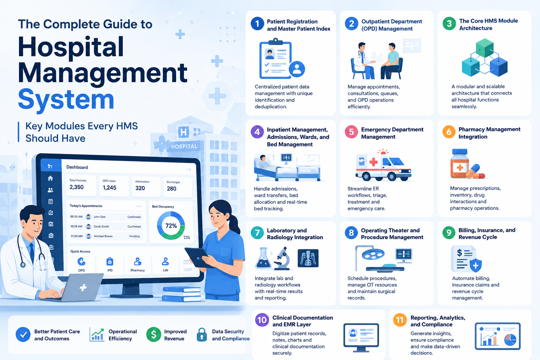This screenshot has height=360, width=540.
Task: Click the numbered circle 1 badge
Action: point(257,24)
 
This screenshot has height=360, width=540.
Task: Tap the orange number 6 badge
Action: point(449,132)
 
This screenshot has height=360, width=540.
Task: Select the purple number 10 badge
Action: point(262,320)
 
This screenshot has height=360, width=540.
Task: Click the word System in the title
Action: point(66,99)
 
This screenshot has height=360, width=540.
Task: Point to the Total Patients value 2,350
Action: point(76,187)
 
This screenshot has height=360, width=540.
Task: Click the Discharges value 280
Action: point(172,188)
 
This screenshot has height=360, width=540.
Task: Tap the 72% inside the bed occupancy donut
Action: point(171,226)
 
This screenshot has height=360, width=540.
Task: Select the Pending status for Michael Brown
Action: point(134,236)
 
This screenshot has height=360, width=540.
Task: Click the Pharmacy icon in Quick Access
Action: point(138,261)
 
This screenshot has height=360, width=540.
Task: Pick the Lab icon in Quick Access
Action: point(165,261)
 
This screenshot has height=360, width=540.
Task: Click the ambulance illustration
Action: point(383,165)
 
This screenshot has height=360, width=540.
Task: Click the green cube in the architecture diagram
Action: point(485,48)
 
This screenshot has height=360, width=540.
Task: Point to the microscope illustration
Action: point(282,258)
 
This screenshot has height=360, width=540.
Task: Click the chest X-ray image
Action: point(308,258)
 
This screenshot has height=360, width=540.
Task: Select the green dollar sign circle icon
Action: point(154,334)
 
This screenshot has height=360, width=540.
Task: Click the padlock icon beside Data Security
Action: point(202,335)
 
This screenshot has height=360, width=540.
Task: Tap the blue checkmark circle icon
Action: point(23,334)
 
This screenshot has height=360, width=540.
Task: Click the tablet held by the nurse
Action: point(198,257)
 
